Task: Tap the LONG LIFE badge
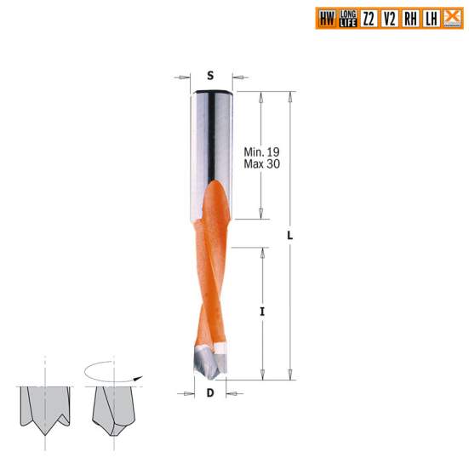pyautogui.click(x=347, y=17)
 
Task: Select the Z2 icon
pyautogui.click(x=369, y=17)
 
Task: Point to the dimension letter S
pyautogui.click(x=209, y=75)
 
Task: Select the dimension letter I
pyautogui.click(x=262, y=312)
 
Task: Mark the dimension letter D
pyautogui.click(x=210, y=393)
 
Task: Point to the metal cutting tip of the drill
pyautogui.click(x=207, y=362)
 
